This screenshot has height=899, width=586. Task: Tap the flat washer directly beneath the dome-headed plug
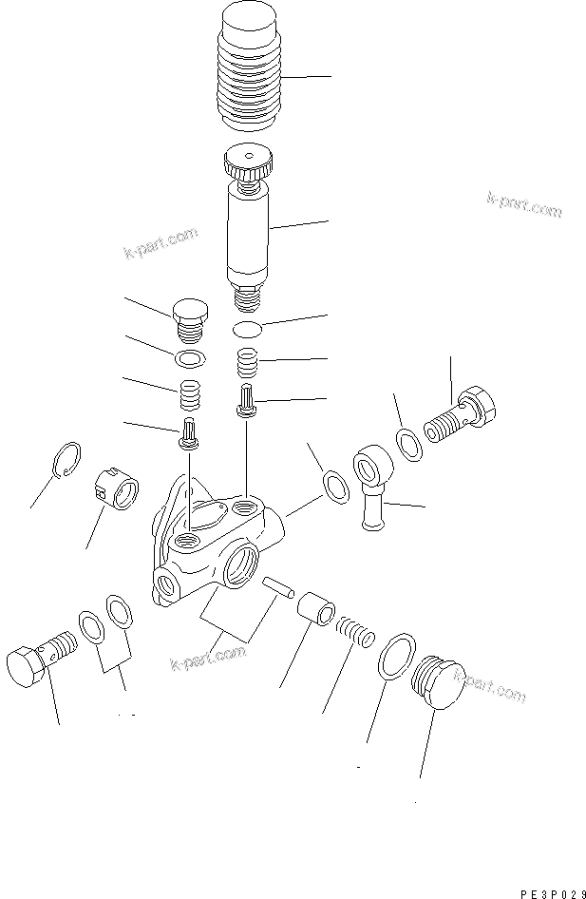point(189,358)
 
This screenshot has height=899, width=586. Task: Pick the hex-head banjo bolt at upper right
point(461,414)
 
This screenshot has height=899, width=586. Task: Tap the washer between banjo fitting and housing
point(334,484)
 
